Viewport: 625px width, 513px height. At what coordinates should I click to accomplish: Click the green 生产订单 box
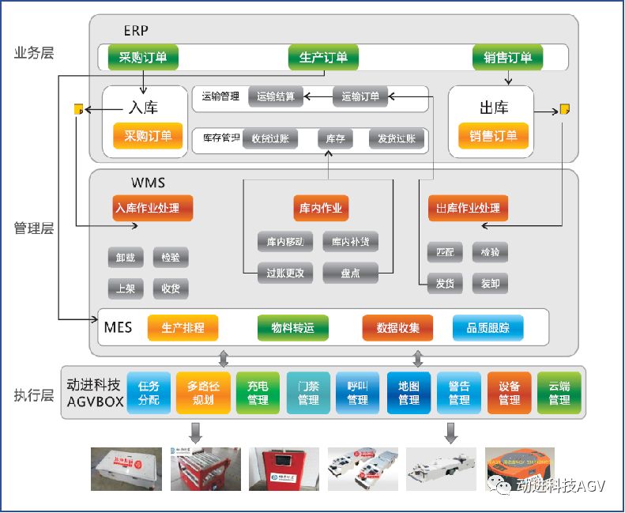pos(323,58)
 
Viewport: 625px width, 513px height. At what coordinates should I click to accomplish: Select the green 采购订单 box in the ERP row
pos(143,58)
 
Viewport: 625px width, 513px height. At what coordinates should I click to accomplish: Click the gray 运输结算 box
pos(276,96)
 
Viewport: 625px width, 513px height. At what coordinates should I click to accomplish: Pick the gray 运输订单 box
pos(360,96)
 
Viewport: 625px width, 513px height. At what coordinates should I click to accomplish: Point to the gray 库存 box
pos(335,139)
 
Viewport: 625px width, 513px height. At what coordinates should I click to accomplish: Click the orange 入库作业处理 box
pos(152,209)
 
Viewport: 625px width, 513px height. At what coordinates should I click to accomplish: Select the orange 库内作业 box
pos(320,209)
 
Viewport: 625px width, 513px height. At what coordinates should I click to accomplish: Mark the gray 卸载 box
pos(126,257)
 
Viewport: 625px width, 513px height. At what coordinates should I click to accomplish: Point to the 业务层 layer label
pos(34,53)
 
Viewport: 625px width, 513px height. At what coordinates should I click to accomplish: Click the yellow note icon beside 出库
pos(565,109)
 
